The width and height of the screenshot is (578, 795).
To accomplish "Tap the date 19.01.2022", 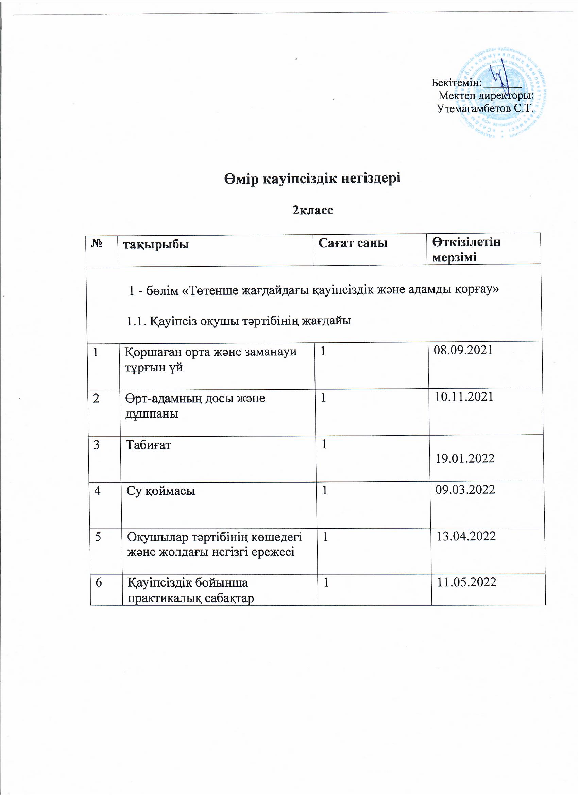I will pos(465,458).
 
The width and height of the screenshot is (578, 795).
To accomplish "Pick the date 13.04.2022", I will pos(466,536).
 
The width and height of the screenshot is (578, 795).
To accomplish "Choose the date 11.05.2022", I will pos(466,582).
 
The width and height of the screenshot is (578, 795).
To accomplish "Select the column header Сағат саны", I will pos(353,242).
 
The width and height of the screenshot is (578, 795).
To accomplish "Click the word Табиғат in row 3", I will pos(149,445).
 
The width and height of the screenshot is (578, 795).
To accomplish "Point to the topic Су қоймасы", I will pos(160,491).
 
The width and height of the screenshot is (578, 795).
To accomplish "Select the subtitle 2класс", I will pos(313,210).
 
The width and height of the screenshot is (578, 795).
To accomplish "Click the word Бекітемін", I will pos(456,83).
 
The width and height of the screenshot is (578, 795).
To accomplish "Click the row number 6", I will pos(99,582).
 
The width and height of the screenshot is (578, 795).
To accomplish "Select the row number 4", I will pos(97,490).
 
